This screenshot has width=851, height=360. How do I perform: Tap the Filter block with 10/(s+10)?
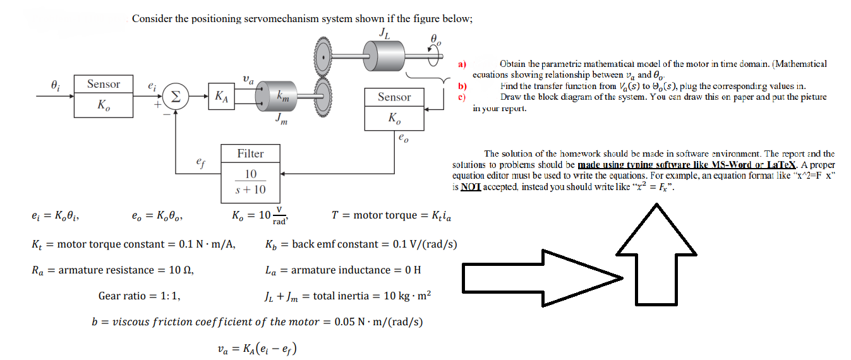pos(251,172)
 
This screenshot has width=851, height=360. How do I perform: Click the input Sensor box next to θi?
pos(104,95)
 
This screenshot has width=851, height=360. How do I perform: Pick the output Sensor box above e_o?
pos(394,108)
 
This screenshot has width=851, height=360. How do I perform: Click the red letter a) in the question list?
pos(462,64)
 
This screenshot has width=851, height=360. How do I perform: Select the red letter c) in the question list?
pos(462,97)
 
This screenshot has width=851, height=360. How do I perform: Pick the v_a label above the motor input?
pos(248,80)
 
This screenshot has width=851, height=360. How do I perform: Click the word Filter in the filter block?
pos(251,153)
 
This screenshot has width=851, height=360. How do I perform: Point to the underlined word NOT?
pos(471,187)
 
